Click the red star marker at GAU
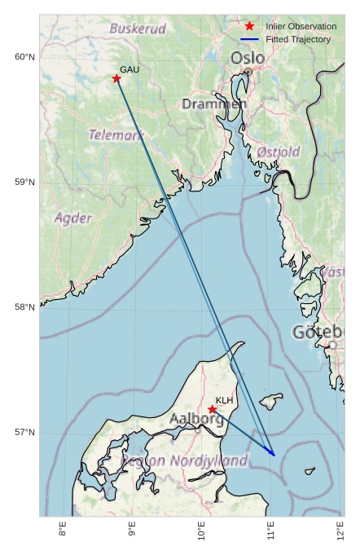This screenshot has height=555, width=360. click(116, 78)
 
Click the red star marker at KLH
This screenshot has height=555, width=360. click(213, 409)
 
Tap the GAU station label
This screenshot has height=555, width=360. click(130, 70)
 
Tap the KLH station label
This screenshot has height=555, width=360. click(225, 400)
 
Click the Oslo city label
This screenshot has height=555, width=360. click(248, 58)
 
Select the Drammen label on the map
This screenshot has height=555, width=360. click(214, 104)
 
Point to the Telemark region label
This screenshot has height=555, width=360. click(116, 134)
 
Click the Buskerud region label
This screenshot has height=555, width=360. click(138, 29)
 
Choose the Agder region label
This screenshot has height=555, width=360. click(73, 218)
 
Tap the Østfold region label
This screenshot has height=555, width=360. click(278, 152)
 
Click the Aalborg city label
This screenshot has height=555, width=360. click(196, 419)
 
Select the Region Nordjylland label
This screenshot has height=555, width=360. click(184, 460)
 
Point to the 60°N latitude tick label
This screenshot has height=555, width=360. click(24, 56)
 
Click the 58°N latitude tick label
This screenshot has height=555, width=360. click(24, 307)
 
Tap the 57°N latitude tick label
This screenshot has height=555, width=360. click(24, 432)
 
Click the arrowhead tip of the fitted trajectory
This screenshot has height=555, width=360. click(274, 456)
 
